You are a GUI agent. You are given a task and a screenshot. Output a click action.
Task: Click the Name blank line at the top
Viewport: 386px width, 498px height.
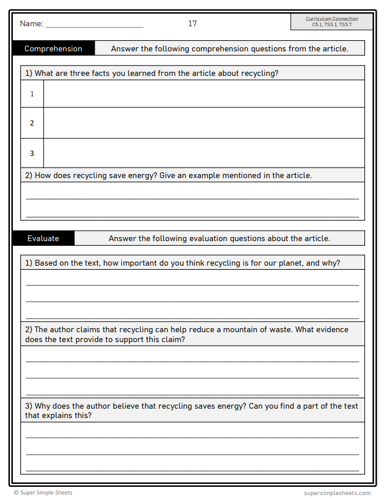[x=94, y=26]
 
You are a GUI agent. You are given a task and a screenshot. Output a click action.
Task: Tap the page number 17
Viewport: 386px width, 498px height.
[x=192, y=24]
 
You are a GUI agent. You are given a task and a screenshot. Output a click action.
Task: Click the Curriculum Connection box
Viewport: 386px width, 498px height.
[x=331, y=22]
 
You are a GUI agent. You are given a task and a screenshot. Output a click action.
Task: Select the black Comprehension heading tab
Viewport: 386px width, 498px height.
[x=53, y=48]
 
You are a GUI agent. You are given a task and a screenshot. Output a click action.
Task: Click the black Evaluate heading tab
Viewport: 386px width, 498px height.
[x=43, y=238]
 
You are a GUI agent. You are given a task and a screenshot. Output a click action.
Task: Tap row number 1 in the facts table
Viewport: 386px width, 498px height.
[x=32, y=94]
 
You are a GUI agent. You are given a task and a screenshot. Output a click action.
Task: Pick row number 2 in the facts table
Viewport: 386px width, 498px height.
[x=32, y=123]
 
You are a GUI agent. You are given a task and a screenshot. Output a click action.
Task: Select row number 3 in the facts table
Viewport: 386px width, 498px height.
[x=32, y=154]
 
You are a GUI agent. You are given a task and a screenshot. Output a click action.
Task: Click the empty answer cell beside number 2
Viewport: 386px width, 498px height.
[x=204, y=123]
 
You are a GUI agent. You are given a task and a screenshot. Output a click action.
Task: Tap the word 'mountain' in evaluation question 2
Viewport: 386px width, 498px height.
[x=231, y=330]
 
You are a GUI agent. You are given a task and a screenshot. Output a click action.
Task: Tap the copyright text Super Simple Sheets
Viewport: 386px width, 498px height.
[x=46, y=493]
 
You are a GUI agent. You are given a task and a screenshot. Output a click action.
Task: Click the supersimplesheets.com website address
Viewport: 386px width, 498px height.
[x=337, y=493]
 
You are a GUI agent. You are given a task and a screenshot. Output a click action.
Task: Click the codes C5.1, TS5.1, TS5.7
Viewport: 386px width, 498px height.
[x=331, y=25]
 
